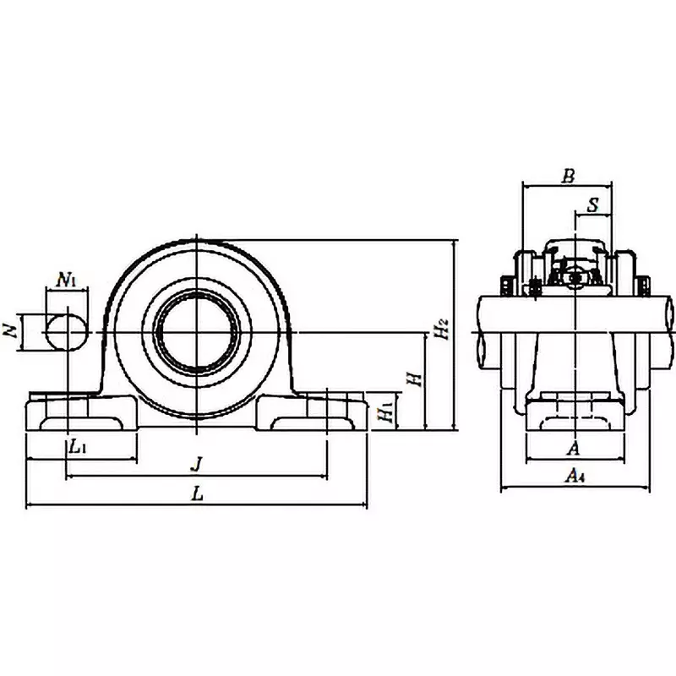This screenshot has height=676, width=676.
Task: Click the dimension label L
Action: pyautogui.click(x=197, y=495)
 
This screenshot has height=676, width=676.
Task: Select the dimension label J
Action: pyautogui.click(x=196, y=464)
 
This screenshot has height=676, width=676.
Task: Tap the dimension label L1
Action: pyautogui.click(x=77, y=446)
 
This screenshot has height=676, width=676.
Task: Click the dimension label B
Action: pyautogui.click(x=568, y=176)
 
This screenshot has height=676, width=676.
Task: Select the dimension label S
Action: pyautogui.click(x=593, y=204)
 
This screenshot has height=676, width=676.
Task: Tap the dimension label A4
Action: pyautogui.click(x=575, y=477)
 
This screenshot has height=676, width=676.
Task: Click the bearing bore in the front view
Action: pyautogui.click(x=196, y=332)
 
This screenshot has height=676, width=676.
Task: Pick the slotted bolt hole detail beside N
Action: pyautogui.click(x=66, y=332)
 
